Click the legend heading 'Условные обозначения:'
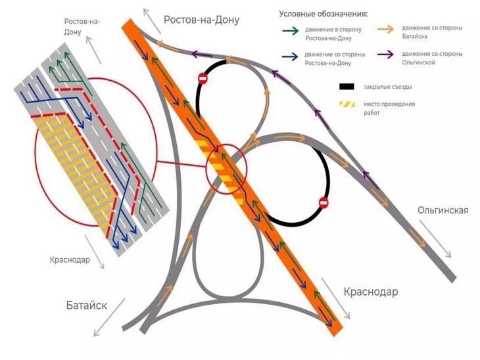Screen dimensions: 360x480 click(323, 14)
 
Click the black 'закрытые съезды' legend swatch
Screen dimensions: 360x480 click(347, 86)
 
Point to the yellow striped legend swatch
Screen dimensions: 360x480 click(347, 105)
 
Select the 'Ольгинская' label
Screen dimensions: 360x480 click(443, 210)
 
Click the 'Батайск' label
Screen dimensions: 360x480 click(86, 305)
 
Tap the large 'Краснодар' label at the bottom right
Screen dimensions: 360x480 click(371, 291)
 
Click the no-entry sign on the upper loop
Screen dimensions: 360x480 click(203, 79)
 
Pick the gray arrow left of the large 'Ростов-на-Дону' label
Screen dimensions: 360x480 click(153, 20)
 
